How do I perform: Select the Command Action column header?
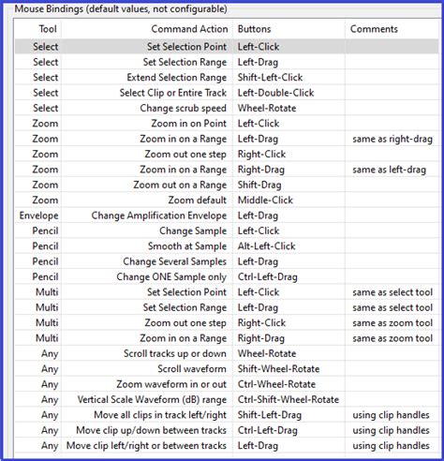click(x=189, y=29)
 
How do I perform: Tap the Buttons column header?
click(x=254, y=29)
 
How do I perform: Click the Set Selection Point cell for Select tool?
click(x=186, y=47)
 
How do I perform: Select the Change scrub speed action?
click(x=183, y=108)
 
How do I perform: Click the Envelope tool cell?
click(x=37, y=216)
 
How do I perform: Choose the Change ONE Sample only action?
click(x=171, y=277)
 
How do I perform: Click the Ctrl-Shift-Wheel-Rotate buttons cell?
click(x=288, y=399)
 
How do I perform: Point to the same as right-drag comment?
click(x=390, y=139)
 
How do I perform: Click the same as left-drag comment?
click(x=387, y=170)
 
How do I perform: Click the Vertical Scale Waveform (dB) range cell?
click(x=150, y=399)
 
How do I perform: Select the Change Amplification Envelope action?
click(x=159, y=216)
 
